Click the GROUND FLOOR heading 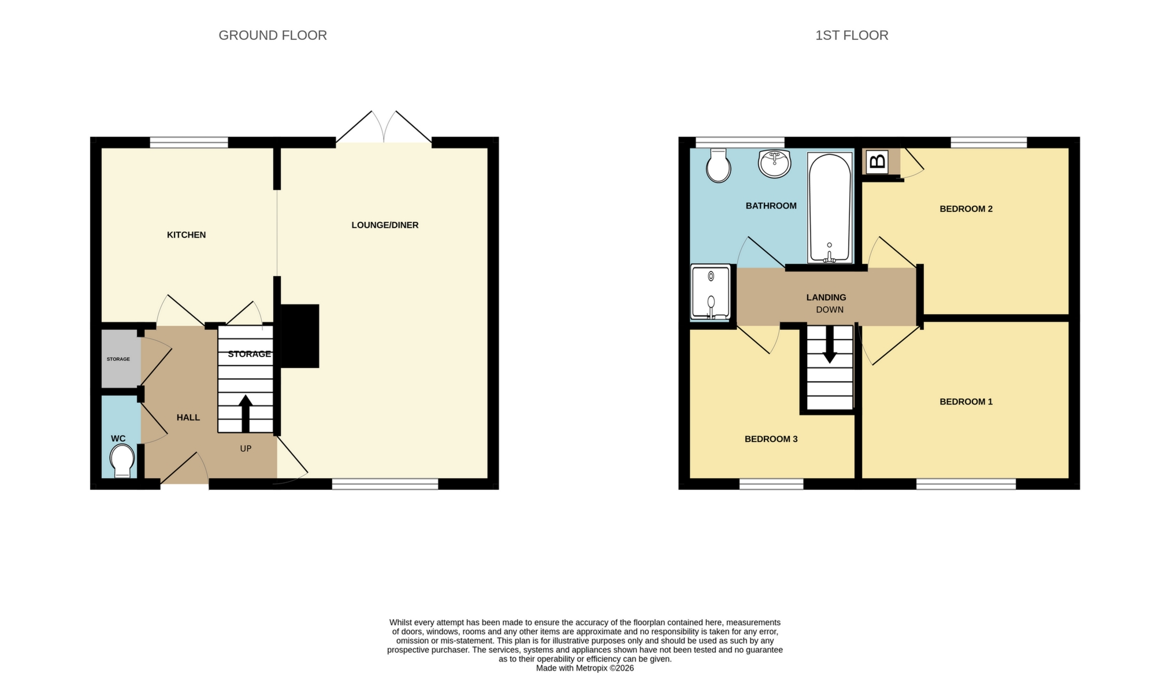[x=272, y=35]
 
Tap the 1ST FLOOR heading [x=851, y=35]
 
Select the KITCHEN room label [x=186, y=235]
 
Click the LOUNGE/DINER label [x=385, y=225]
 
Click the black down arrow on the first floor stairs [x=830, y=345]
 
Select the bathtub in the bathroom [x=829, y=208]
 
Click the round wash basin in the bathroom [x=774, y=164]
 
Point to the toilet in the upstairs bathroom [x=718, y=166]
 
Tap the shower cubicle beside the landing [x=711, y=293]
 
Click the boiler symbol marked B [x=877, y=162]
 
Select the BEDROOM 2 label [x=965, y=209]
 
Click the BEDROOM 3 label [x=771, y=439]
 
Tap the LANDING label [x=826, y=298]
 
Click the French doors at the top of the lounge [x=384, y=128]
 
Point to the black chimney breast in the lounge [x=300, y=336]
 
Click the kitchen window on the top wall [x=189, y=142]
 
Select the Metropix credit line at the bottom [x=585, y=668]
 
